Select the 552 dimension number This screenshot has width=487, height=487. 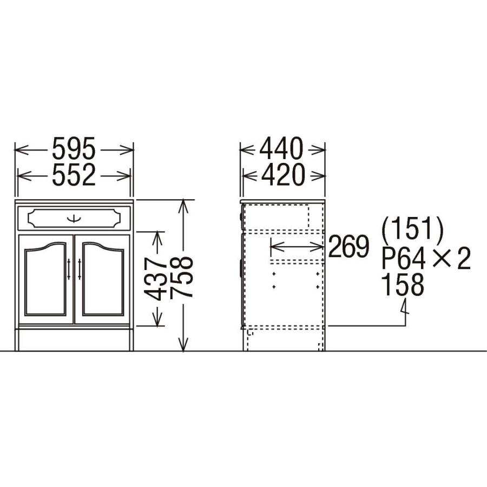pos(74,175)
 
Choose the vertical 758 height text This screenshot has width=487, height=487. pos(182,277)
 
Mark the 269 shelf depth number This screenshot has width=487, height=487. pos(348,247)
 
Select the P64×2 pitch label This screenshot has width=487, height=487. pos(426,258)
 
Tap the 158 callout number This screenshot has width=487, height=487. pos(402,285)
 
